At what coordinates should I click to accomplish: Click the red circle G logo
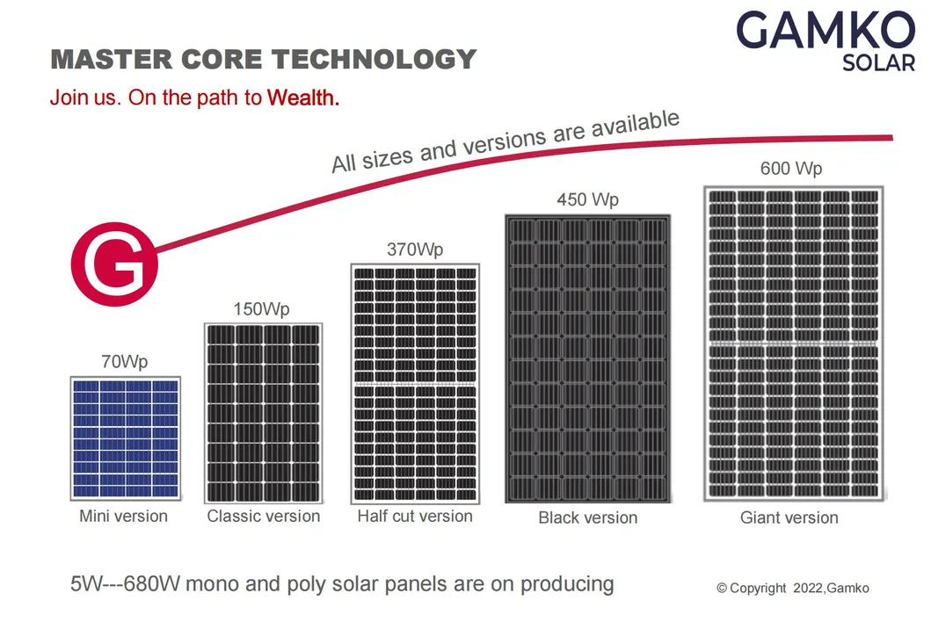[x=113, y=263]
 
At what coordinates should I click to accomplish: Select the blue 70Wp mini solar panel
[x=125, y=438]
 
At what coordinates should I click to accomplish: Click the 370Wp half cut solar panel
[x=415, y=382]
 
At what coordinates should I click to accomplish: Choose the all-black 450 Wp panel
[x=587, y=358]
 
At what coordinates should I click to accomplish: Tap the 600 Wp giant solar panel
[x=793, y=344]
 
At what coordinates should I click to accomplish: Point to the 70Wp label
[x=124, y=361]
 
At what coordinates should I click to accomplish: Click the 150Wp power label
[x=261, y=309]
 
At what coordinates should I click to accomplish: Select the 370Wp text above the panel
[x=415, y=250]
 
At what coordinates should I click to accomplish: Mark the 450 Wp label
[x=587, y=199]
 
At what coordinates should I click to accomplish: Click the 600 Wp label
[x=791, y=169]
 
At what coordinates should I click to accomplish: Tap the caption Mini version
[x=123, y=516]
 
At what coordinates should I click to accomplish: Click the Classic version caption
[x=264, y=516]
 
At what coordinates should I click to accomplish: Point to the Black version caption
[x=587, y=517]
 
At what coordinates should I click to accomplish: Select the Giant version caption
[x=789, y=517]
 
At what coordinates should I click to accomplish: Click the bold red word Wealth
[x=303, y=98]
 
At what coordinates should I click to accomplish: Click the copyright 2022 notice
[x=792, y=588]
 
